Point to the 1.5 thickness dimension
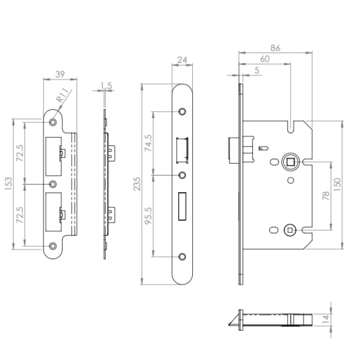point(106,86)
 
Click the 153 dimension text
point(8,184)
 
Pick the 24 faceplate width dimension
point(182,62)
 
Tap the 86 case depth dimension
point(275,48)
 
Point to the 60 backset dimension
point(264,59)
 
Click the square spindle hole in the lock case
point(289,163)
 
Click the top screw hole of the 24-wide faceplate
point(182,112)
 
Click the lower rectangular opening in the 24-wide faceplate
point(182,205)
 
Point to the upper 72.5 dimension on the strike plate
point(20,152)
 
